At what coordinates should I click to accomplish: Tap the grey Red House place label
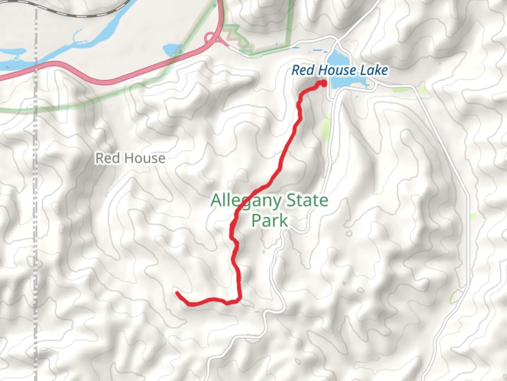(x=130, y=158)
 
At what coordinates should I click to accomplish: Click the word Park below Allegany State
(x=270, y=220)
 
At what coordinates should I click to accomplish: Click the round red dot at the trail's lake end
(x=323, y=84)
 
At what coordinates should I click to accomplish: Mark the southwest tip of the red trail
(x=177, y=293)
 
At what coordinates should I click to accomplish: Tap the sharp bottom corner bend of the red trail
(x=240, y=300)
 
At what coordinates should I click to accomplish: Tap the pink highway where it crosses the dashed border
(x=36, y=65)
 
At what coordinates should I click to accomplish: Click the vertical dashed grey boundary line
(x=35, y=212)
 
